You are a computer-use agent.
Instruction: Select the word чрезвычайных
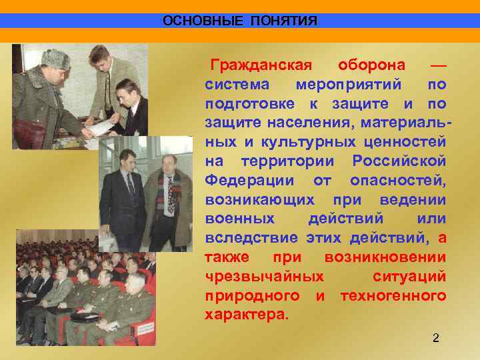(x=265, y=276)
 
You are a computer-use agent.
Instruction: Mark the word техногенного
(x=393, y=295)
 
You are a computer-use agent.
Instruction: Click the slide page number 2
(x=436, y=339)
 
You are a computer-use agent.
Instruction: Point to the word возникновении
(x=385, y=257)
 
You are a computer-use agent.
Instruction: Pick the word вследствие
(x=251, y=238)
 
